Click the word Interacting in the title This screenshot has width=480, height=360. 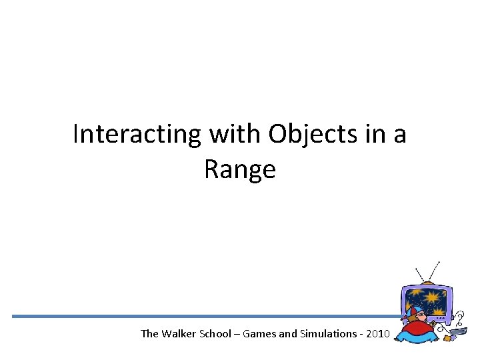(137, 135)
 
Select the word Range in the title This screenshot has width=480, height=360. (239, 170)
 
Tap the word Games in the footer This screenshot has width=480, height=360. (259, 333)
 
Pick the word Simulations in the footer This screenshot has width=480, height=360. (327, 333)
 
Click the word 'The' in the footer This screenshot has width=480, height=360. (149, 333)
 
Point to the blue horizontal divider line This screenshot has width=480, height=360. (200, 316)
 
